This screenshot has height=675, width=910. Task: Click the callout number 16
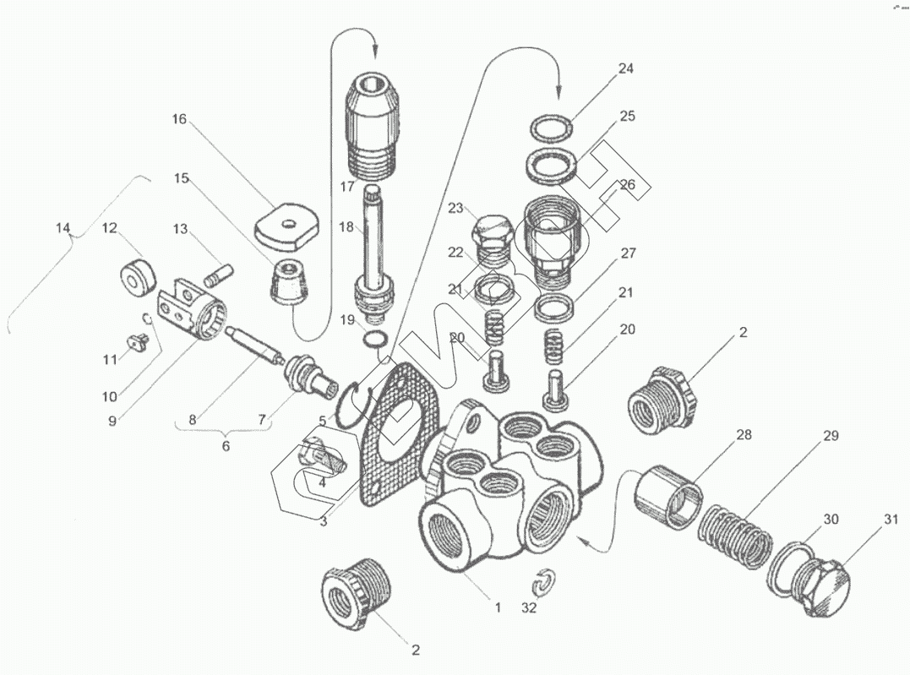tap(179, 119)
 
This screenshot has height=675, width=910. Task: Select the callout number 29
tap(831, 436)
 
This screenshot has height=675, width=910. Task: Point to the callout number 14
tap(63, 228)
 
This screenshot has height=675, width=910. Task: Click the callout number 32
tap(529, 607)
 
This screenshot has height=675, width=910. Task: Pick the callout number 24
tap(625, 69)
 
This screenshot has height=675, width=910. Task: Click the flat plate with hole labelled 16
tap(287, 224)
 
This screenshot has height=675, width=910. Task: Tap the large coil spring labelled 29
tap(736, 539)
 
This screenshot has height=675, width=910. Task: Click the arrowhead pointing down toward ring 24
tap(559, 89)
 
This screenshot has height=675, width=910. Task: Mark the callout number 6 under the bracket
tap(226, 444)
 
